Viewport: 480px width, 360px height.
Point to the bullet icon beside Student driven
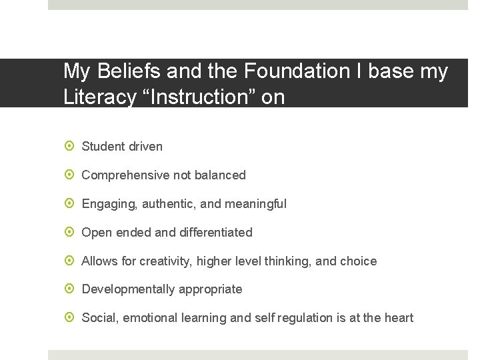pyautogui.click(x=69, y=146)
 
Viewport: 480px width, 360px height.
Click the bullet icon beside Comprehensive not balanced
pyautogui.click(x=69, y=175)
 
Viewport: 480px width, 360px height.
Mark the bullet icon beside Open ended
pyautogui.click(x=69, y=232)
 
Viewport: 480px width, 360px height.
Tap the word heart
pyautogui.click(x=398, y=318)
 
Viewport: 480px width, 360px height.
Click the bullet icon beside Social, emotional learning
pyautogui.click(x=69, y=318)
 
